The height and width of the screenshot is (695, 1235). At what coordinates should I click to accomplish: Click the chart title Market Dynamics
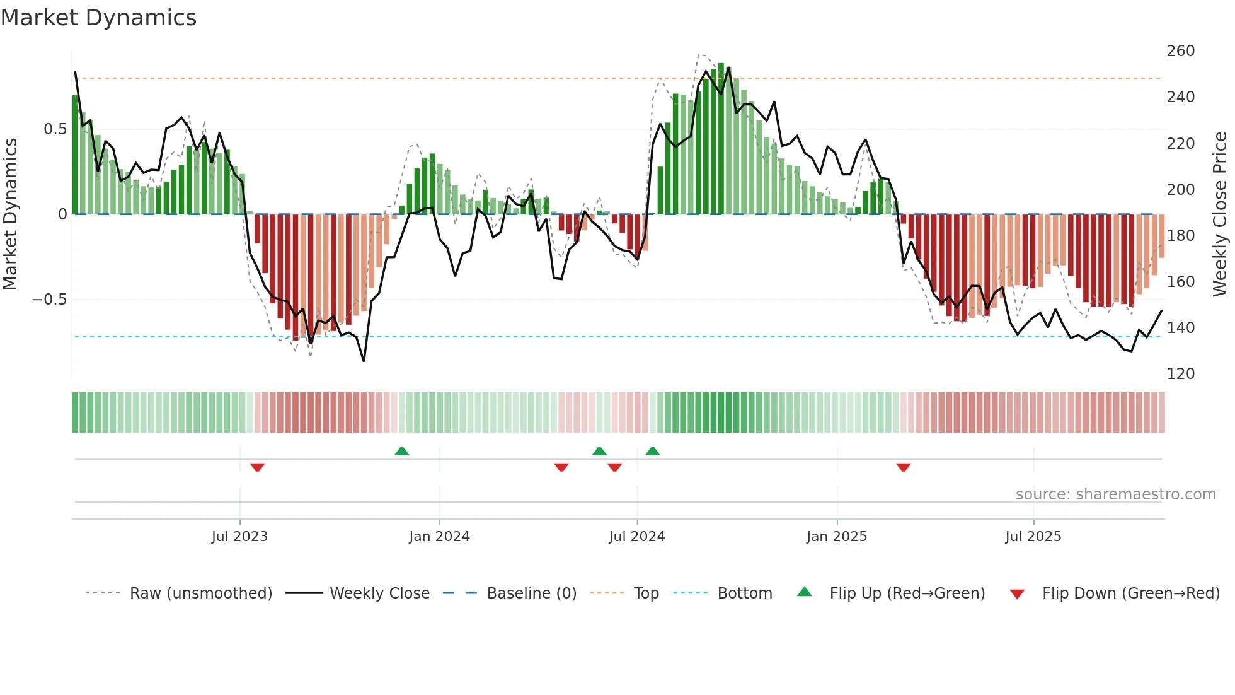pos(98,18)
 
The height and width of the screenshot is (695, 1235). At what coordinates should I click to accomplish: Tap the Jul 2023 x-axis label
pos(239,537)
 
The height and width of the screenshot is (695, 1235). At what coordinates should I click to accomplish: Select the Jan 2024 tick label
pos(439,537)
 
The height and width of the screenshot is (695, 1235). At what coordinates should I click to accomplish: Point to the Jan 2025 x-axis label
pos(837,537)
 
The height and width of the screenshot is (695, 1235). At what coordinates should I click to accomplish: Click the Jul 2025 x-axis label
pos(1033,537)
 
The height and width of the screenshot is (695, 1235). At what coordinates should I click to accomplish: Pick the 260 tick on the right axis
pos(1180,51)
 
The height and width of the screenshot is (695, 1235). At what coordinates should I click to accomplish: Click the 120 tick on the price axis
pos(1180,374)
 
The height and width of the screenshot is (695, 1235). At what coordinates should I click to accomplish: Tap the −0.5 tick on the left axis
pos(50,300)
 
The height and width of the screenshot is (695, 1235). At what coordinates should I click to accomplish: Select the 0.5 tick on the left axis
pos(55,129)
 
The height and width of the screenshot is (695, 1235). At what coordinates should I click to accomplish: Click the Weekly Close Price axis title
pos(1220,214)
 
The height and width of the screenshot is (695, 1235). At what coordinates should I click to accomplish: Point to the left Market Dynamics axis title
pos(10,214)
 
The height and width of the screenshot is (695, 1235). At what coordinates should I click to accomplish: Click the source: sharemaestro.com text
pos(1115,494)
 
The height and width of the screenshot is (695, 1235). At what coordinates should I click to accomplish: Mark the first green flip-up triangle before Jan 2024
pos(401,452)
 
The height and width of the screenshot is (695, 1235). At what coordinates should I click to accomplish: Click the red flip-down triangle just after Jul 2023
pos(257,467)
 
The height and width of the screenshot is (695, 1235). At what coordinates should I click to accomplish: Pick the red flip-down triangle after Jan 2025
pos(903,467)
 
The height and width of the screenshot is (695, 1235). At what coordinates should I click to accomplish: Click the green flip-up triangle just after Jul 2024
pos(653,452)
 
